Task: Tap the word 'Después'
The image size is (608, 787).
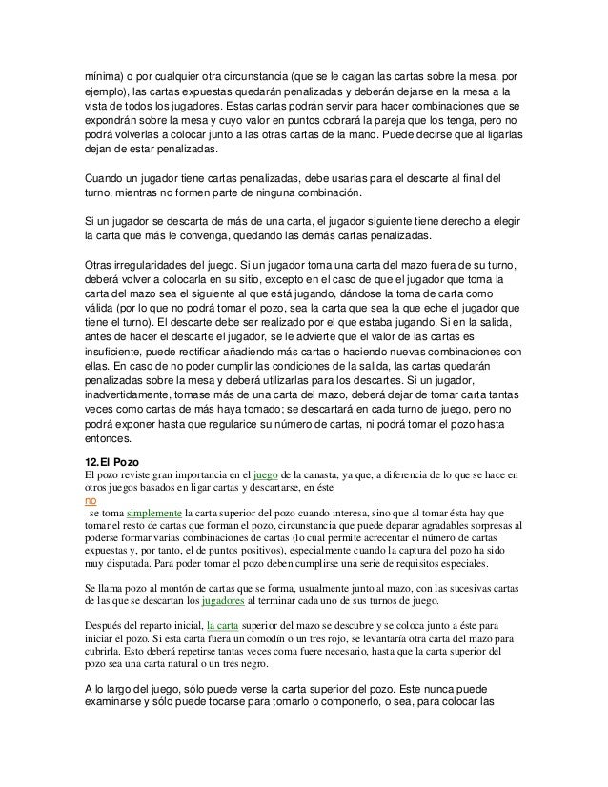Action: (x=103, y=625)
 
